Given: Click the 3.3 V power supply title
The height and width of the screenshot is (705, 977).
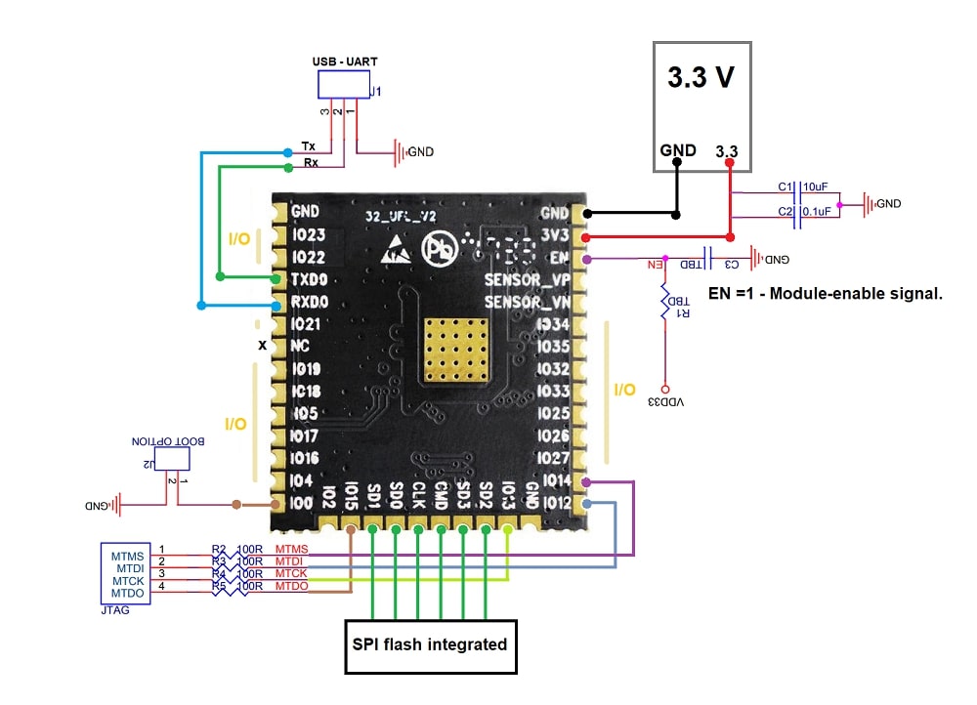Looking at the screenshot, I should tap(701, 79).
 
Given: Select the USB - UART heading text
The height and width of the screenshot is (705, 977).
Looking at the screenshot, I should tap(345, 62).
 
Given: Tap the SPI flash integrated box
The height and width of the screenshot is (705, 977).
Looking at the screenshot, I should tap(430, 644).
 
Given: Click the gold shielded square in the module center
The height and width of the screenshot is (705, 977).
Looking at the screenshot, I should tap(455, 349).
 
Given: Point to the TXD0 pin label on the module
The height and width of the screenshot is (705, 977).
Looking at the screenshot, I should tap(310, 279).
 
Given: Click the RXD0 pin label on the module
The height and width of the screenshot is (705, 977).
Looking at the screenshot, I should tap(310, 302).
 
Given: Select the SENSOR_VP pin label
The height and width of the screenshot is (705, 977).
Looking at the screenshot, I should tap(528, 280).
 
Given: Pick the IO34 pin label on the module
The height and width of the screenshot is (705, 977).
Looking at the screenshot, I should tap(552, 324).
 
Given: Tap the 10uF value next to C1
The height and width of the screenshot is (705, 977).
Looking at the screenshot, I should tap(816, 187).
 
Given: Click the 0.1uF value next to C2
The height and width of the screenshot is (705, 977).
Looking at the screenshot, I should tap(816, 210).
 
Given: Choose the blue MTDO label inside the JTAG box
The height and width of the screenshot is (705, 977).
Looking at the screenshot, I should tap(129, 593).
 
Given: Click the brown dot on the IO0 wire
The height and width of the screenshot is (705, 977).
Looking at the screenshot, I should tap(237, 505).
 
